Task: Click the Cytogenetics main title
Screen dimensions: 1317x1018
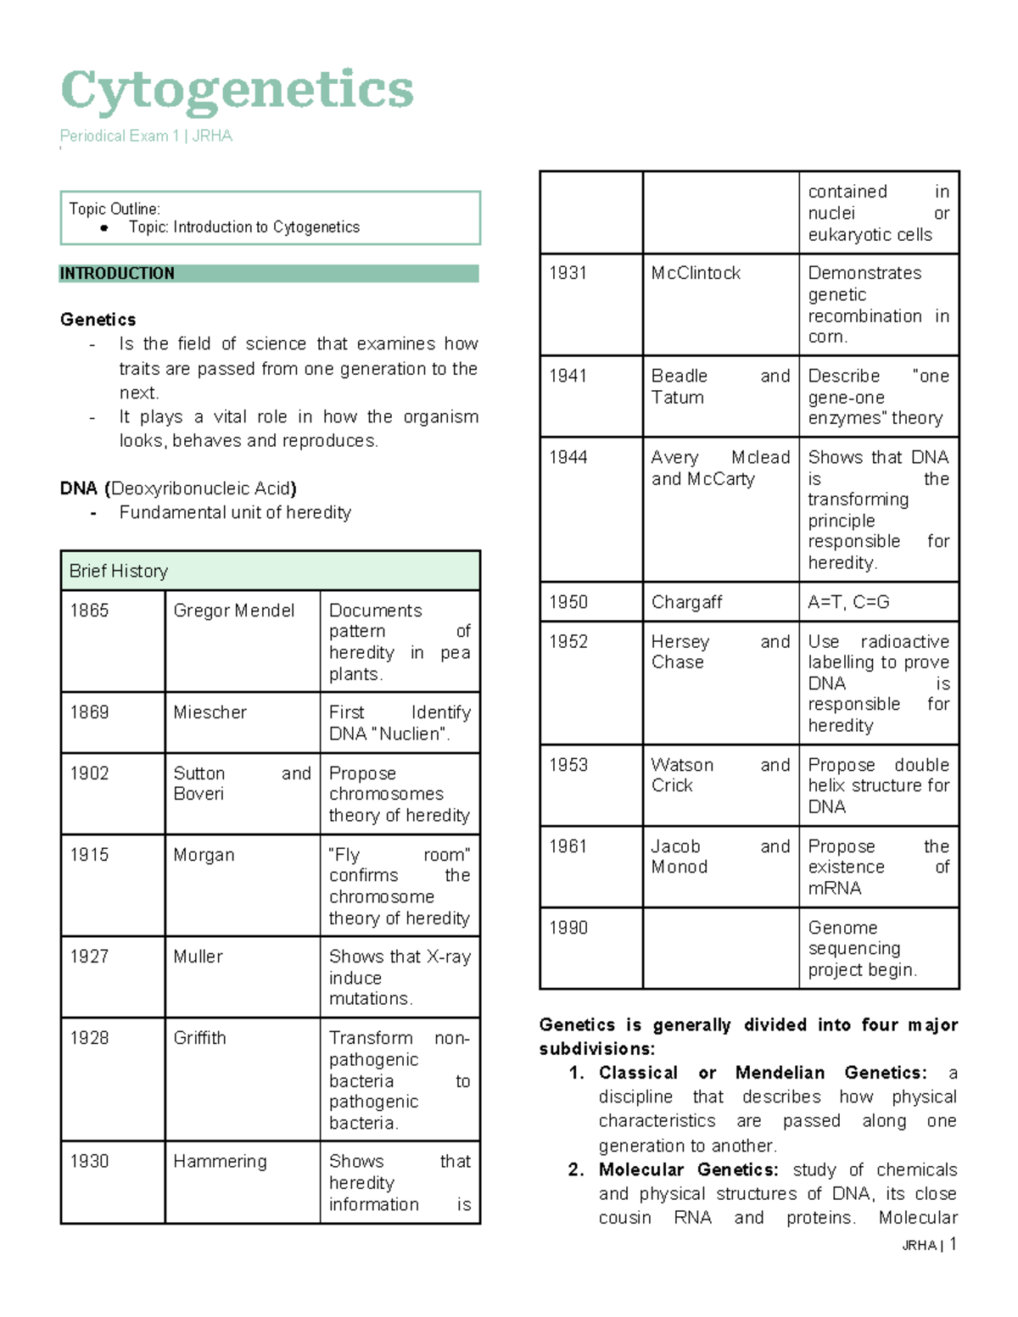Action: pyautogui.click(x=237, y=90)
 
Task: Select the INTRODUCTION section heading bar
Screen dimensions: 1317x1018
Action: pyautogui.click(x=268, y=273)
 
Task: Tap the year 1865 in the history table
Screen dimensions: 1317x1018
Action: pyautogui.click(x=89, y=611)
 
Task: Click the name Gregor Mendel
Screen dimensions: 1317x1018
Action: pyautogui.click(x=233, y=611)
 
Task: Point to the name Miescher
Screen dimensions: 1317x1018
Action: pyautogui.click(x=210, y=712)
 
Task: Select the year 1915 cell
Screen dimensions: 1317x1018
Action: pyautogui.click(x=89, y=855)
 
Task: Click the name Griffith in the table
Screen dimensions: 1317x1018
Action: pyautogui.click(x=199, y=1038)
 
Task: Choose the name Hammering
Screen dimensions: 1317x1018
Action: pyautogui.click(x=220, y=1161)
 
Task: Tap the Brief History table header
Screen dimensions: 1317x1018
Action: pyautogui.click(x=119, y=571)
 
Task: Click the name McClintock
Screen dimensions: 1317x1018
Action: pyautogui.click(x=696, y=273)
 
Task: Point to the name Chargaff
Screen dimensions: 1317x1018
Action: pyautogui.click(x=686, y=602)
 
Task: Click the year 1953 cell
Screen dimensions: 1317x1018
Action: pyautogui.click(x=568, y=765)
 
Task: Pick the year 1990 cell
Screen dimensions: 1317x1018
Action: pyautogui.click(x=568, y=928)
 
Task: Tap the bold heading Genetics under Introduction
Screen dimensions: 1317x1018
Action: pyautogui.click(x=98, y=320)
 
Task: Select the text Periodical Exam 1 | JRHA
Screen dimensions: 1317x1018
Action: pyautogui.click(x=146, y=136)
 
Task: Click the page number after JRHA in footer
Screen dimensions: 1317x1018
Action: pyautogui.click(x=954, y=1244)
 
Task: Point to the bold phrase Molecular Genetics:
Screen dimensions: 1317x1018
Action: pyautogui.click(x=688, y=1169)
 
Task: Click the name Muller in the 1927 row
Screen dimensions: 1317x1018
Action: pyautogui.click(x=198, y=957)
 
